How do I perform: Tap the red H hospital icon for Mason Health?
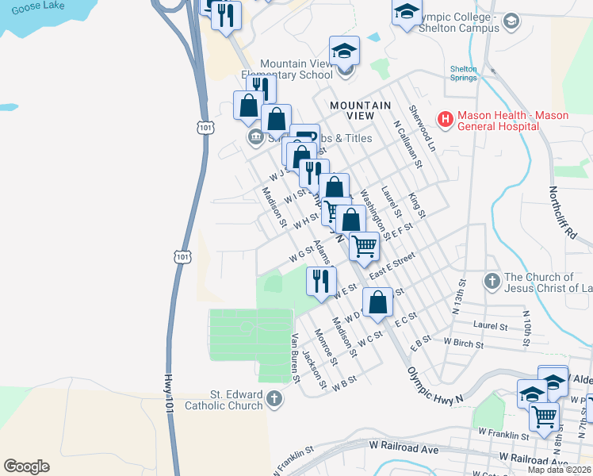pos(445,120)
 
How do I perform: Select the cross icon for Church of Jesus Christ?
pos(492,281)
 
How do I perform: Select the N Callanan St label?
pos(407,144)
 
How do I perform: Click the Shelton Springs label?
pos(464,74)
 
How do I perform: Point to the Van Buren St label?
pos(295,358)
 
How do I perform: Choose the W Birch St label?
pos(464,341)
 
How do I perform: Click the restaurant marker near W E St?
pos(321,282)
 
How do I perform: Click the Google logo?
pos(26,466)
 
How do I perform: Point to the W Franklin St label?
pos(503,435)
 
